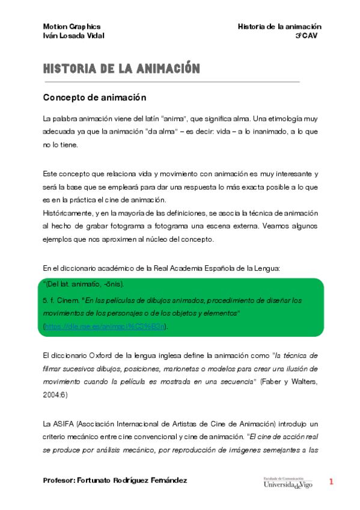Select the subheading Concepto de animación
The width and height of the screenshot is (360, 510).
point(94,97)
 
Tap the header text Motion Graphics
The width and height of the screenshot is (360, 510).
point(72,27)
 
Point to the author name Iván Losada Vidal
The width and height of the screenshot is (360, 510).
point(74,35)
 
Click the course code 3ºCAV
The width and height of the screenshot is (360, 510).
point(307,35)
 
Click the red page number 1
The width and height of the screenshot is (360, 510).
point(331,481)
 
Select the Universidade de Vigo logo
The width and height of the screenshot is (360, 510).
point(287,482)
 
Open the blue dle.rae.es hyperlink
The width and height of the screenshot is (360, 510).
point(105,327)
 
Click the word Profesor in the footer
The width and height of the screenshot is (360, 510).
point(59,481)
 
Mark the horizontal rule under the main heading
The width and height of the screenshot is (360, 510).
point(171,81)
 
